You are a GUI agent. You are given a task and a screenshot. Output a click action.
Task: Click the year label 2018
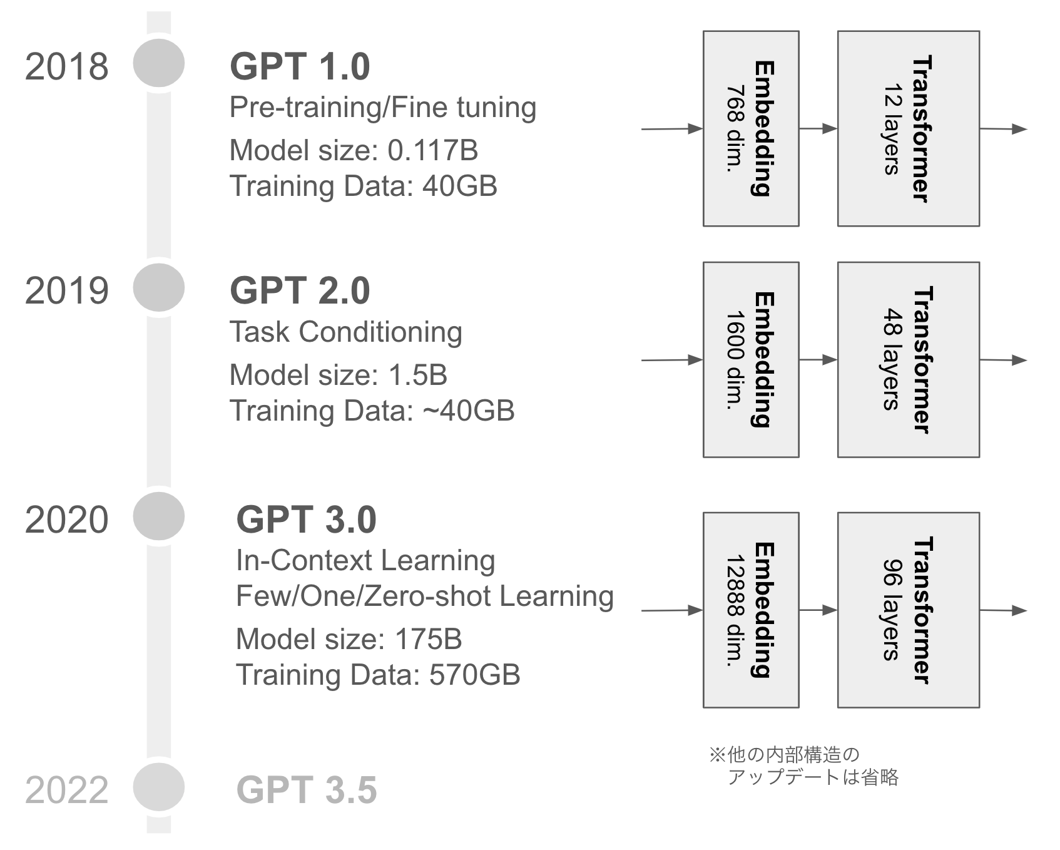click(66, 66)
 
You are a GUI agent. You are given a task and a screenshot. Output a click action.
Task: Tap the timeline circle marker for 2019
click(159, 287)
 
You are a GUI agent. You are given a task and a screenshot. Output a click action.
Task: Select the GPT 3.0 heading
click(306, 520)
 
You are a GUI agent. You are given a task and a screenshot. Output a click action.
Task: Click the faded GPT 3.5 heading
click(307, 790)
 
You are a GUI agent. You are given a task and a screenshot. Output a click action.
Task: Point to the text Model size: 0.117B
click(354, 150)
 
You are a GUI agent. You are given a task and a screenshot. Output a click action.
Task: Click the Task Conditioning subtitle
click(345, 332)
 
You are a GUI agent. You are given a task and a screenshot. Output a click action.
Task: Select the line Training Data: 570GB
click(378, 675)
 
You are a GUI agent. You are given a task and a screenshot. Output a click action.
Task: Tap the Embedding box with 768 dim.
click(750, 128)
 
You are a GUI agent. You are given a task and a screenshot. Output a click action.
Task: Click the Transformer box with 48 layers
click(908, 359)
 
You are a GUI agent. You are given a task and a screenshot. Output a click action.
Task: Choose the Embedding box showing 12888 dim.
click(750, 610)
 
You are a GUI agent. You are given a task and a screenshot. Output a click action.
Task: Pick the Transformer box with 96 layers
click(908, 610)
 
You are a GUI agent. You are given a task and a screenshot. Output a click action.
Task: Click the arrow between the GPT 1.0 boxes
click(818, 128)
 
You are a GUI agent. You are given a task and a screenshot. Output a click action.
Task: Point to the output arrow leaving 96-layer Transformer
click(1003, 610)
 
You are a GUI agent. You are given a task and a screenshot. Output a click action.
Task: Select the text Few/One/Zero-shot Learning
click(424, 596)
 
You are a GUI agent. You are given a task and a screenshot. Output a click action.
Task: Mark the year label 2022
click(66, 790)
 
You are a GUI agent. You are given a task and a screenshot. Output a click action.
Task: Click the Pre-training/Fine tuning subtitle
click(382, 107)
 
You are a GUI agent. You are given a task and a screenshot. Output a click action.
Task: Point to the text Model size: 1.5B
click(338, 375)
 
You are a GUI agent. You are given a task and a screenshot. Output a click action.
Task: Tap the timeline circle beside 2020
click(159, 516)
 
